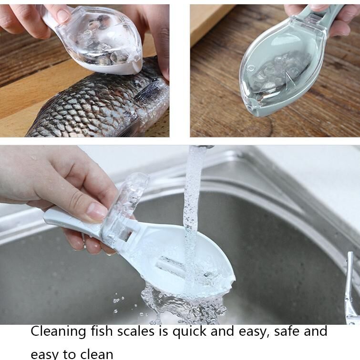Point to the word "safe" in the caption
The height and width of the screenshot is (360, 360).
[288, 331]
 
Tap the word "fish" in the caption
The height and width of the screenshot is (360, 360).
[102, 331]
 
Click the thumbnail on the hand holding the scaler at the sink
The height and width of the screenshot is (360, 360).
[96, 211]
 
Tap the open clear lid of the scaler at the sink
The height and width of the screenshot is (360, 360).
[125, 202]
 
